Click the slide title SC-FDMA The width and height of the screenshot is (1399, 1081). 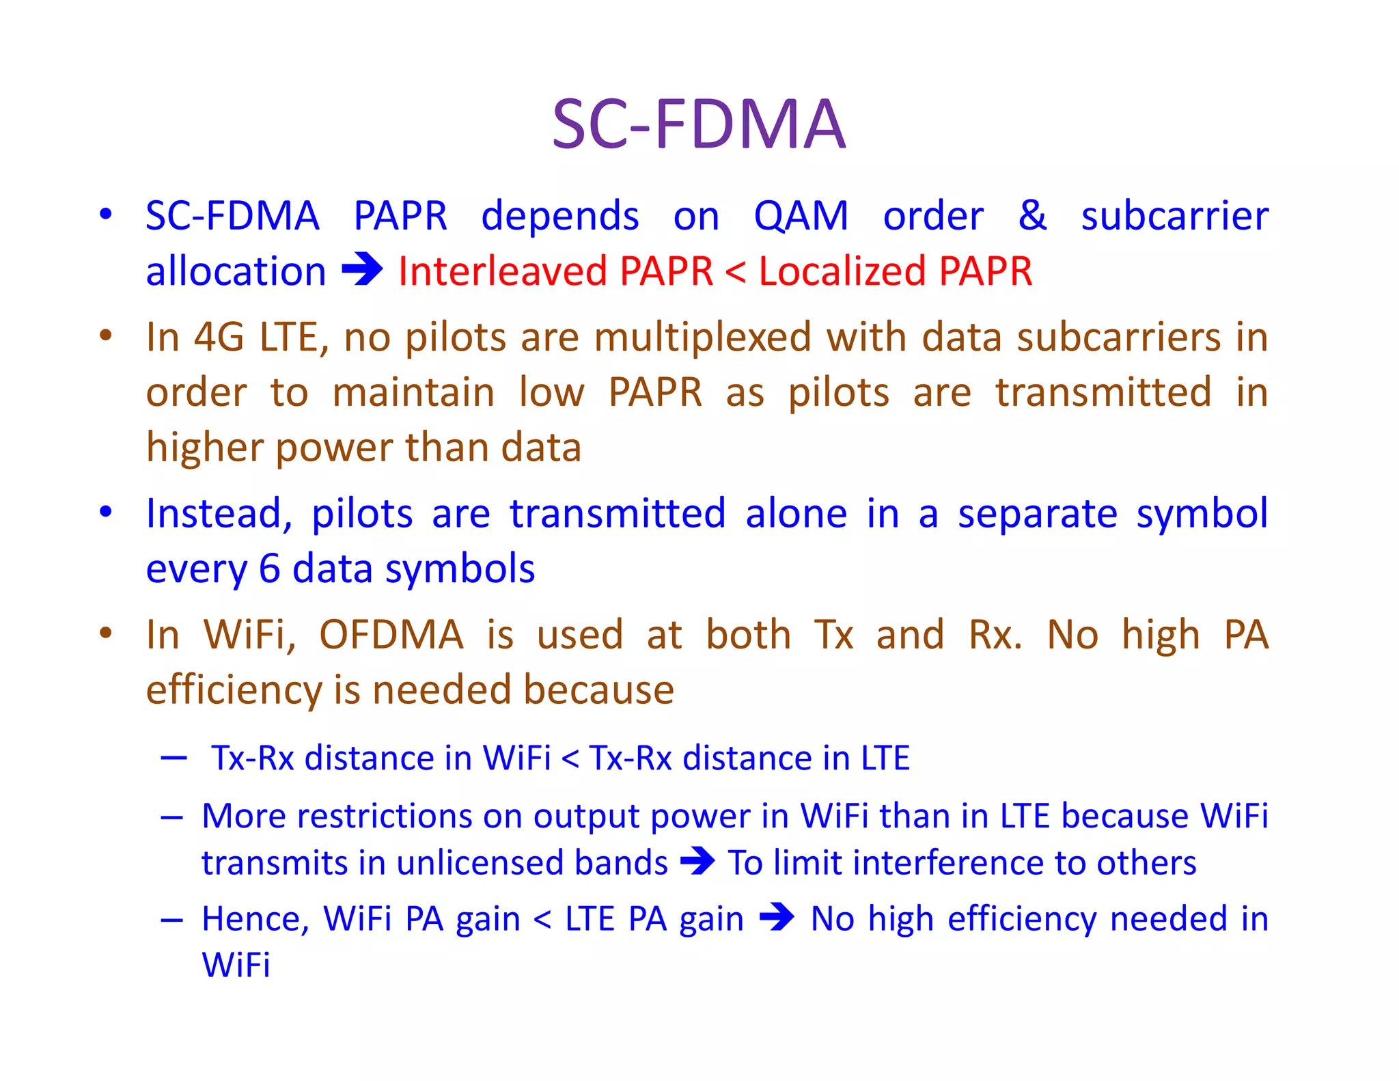point(699,124)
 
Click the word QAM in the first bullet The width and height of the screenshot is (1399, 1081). point(801,216)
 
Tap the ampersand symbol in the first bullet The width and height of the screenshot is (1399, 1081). point(1031,216)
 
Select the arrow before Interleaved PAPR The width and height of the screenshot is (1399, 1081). point(362,270)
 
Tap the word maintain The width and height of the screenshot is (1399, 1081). point(413,393)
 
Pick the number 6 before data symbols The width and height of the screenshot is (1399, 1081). point(270,569)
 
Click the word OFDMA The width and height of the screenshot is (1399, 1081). point(391,635)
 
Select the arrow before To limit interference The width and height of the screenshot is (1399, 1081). point(697,861)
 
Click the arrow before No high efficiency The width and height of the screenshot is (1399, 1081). point(777,917)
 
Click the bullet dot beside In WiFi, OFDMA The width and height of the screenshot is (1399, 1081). point(105,633)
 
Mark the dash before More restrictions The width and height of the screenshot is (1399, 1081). point(172,817)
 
